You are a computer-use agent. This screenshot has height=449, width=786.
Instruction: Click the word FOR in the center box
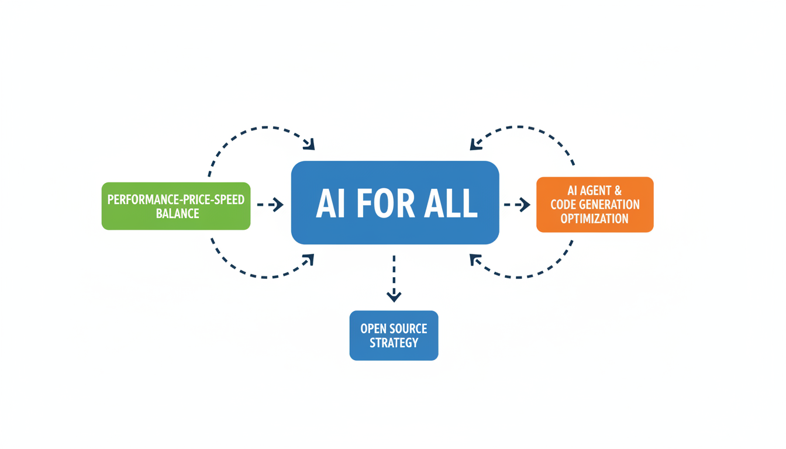(x=395, y=204)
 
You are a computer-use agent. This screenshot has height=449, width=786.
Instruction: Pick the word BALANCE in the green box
(x=177, y=213)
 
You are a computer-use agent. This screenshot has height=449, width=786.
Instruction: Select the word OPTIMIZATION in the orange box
(x=594, y=219)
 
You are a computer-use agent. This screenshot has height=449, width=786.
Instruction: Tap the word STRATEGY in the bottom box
(x=394, y=343)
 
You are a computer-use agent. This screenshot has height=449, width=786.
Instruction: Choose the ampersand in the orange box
(x=617, y=191)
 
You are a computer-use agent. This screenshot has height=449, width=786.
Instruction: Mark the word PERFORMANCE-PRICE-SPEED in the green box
(x=175, y=199)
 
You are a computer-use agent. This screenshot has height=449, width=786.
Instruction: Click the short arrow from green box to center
(x=270, y=205)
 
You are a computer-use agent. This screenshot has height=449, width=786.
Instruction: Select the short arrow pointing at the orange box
(x=517, y=205)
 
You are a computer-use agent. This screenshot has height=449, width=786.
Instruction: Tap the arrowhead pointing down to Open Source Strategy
(x=394, y=296)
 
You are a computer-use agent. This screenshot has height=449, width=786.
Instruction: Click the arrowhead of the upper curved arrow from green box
(x=309, y=144)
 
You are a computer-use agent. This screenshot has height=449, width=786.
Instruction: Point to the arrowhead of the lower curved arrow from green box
(x=309, y=259)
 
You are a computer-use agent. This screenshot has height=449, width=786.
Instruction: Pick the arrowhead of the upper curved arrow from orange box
(x=475, y=144)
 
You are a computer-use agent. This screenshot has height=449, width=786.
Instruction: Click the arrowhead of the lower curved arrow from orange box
(x=475, y=259)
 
